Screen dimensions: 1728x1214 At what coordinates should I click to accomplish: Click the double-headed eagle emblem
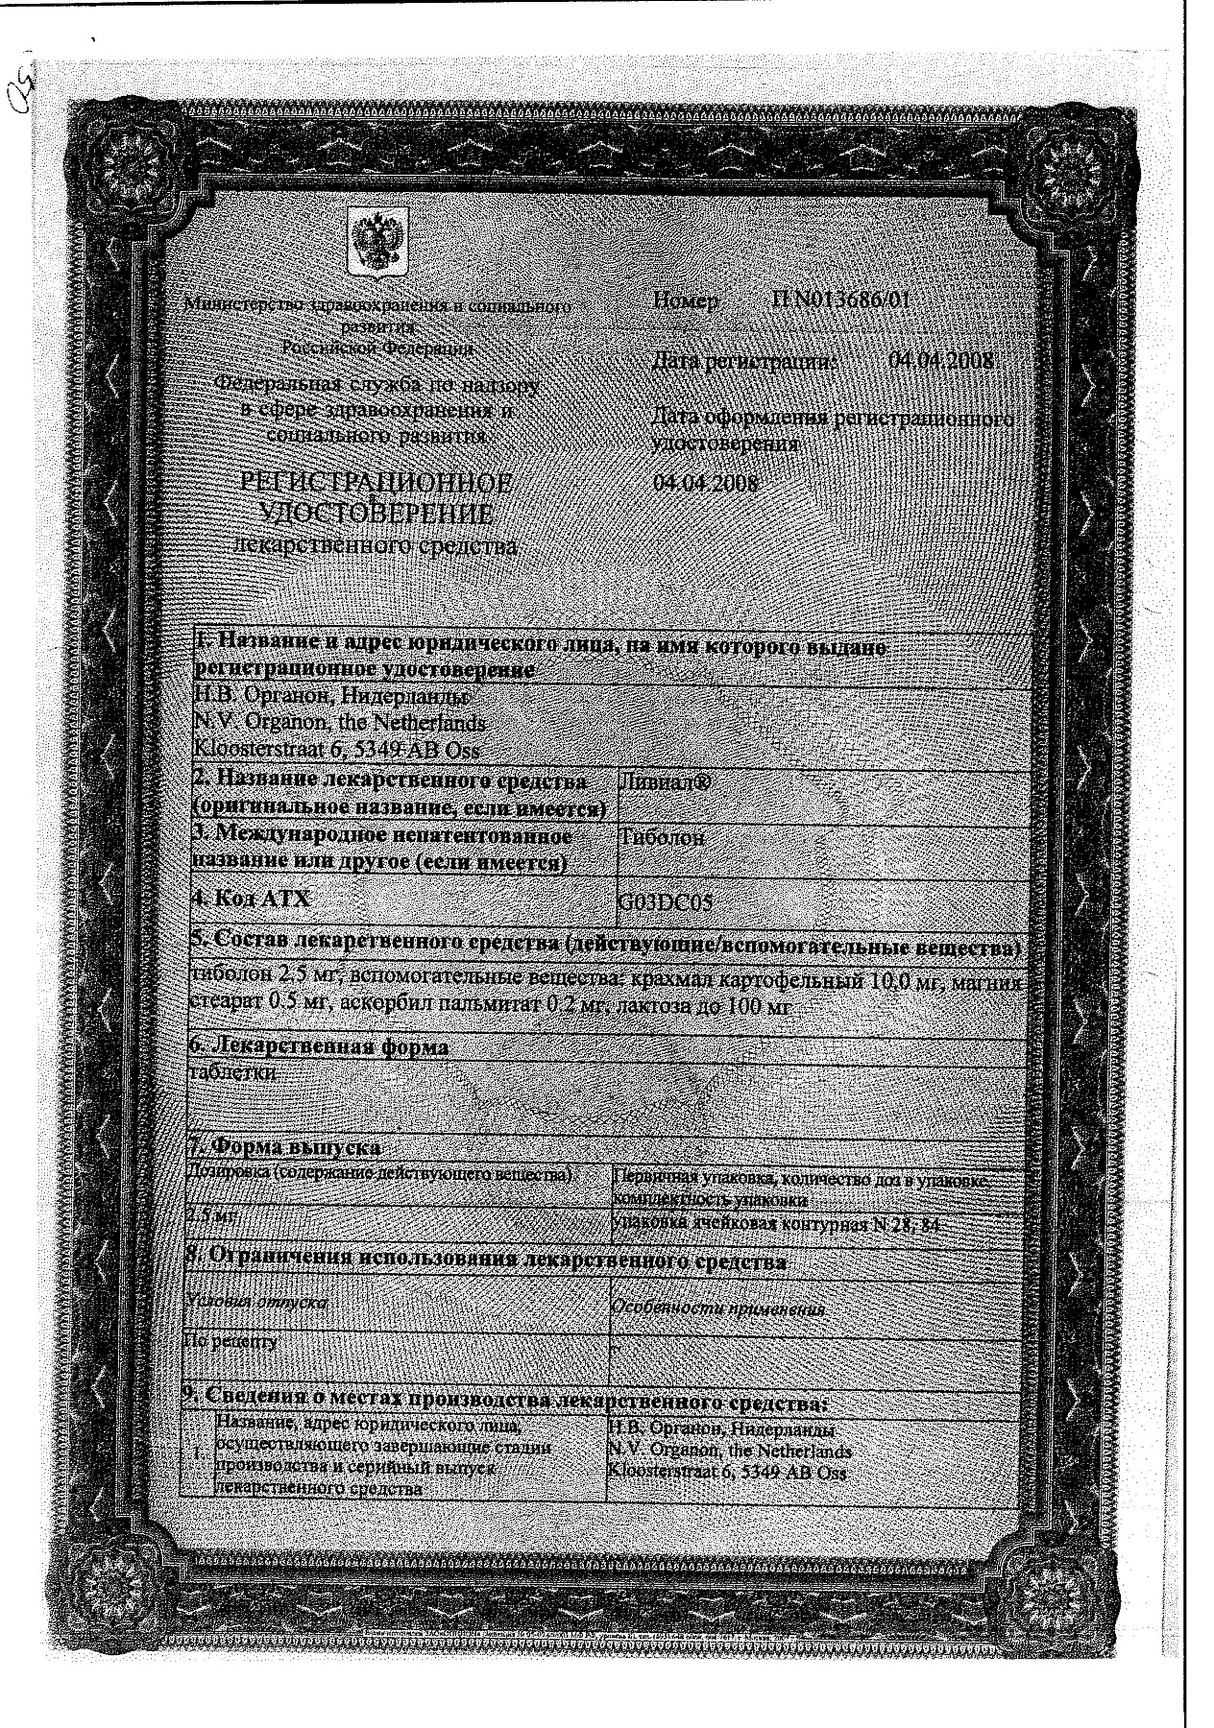click(376, 243)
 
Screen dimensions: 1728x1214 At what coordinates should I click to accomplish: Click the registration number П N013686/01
click(839, 300)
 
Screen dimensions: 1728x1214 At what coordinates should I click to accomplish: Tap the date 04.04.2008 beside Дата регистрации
click(941, 362)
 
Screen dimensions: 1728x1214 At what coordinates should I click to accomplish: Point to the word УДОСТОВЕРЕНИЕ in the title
click(377, 516)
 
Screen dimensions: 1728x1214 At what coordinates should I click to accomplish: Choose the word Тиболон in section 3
click(663, 837)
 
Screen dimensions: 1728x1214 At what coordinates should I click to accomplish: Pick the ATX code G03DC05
click(666, 903)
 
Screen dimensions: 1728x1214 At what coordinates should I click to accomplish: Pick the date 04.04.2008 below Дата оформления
click(705, 483)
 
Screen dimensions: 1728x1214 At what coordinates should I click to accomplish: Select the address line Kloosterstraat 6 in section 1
click(336, 751)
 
